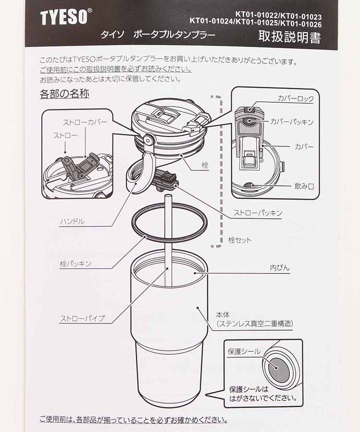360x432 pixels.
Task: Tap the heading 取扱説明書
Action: (289, 36)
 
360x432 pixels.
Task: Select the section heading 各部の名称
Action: (64, 94)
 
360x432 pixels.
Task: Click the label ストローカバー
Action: (85, 122)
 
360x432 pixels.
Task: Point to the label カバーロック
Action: (296, 99)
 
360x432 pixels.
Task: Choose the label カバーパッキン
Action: (292, 122)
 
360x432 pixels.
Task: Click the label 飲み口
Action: (304, 185)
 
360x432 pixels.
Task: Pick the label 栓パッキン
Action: (75, 264)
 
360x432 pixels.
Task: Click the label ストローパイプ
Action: (82, 318)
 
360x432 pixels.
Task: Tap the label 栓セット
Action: (240, 240)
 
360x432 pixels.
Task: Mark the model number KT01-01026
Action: (300, 24)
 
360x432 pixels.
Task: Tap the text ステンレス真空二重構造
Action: (255, 324)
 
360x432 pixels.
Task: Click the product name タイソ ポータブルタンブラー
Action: (158, 36)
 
